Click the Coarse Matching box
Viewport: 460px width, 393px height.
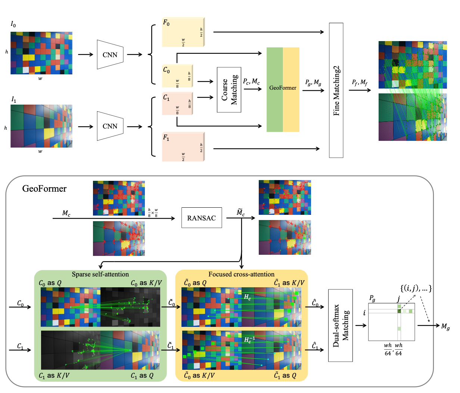[x=229, y=90]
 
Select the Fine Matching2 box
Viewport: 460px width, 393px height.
[x=336, y=90]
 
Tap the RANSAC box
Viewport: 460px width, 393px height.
[x=202, y=218]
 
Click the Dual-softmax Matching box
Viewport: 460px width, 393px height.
[x=340, y=325]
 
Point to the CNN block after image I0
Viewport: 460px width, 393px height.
[x=110, y=55]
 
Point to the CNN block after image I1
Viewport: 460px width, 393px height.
[x=110, y=126]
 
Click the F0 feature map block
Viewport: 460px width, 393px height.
[x=183, y=32]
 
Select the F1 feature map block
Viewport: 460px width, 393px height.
[x=183, y=147]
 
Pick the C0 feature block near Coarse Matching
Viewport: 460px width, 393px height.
[x=177, y=76]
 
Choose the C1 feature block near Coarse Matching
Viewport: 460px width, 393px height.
[x=177, y=103]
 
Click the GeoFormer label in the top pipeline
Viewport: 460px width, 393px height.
[x=283, y=88]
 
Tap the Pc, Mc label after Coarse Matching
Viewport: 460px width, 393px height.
[x=251, y=81]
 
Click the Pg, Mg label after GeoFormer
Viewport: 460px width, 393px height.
[x=313, y=83]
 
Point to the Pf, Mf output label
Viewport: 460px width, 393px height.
[x=360, y=83]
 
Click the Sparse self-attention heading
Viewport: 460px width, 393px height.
[x=100, y=274]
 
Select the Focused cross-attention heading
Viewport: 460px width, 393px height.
[x=241, y=274]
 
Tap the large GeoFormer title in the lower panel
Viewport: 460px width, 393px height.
[x=44, y=188]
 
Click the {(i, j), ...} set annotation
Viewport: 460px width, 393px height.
[x=416, y=288]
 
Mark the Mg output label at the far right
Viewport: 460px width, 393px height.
[x=445, y=327]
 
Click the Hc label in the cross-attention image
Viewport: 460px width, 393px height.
[x=248, y=297]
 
